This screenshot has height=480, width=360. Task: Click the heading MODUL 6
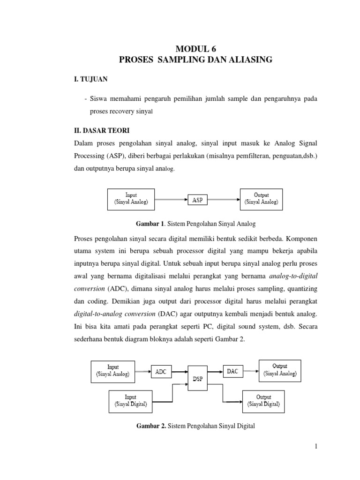point(196,48)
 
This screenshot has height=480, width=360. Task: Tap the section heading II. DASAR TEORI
point(98,128)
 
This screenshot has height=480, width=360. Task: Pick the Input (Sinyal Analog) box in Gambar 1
point(131,198)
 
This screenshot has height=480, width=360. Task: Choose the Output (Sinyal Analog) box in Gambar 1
point(261,198)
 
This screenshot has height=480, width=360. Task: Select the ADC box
point(161,372)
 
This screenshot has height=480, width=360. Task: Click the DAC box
point(232,371)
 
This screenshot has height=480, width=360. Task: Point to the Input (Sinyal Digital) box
point(131,401)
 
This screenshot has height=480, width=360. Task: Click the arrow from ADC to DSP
point(179,372)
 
